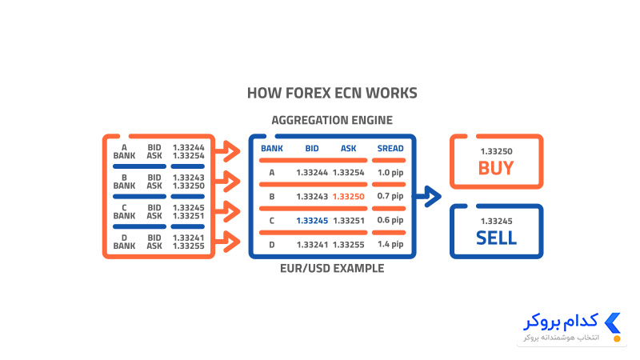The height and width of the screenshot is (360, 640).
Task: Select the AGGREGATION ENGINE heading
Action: pos(332,121)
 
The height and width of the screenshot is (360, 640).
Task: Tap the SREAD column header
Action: pos(390,149)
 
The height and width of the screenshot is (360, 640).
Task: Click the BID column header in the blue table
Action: pos(312,149)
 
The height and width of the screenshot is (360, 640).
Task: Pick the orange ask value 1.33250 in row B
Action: pos(348,197)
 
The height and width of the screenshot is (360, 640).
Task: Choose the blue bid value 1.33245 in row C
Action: pos(312,221)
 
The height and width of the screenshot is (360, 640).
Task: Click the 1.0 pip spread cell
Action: pos(390,173)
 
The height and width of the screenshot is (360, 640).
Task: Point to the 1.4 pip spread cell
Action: pos(390,245)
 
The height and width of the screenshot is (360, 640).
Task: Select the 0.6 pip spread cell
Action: pos(390,221)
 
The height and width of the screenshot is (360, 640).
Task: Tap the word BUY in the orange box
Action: pos(496,168)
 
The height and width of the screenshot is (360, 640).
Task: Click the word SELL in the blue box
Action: pos(496,238)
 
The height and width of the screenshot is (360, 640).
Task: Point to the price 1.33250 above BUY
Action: pos(496,151)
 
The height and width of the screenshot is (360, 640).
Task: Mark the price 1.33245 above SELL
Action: pos(496,222)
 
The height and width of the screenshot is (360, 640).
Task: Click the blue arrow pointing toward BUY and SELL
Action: pos(429,196)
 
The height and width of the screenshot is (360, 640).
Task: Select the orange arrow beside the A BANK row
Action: pos(228,151)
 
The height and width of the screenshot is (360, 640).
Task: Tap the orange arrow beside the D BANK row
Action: pos(228,242)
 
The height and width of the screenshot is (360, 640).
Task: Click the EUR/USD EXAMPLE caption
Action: pos(332,269)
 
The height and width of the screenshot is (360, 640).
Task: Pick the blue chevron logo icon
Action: pos(613,323)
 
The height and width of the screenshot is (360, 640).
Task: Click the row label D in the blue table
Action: pos(272,245)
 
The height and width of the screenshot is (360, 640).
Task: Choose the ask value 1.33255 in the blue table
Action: pos(348,245)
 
